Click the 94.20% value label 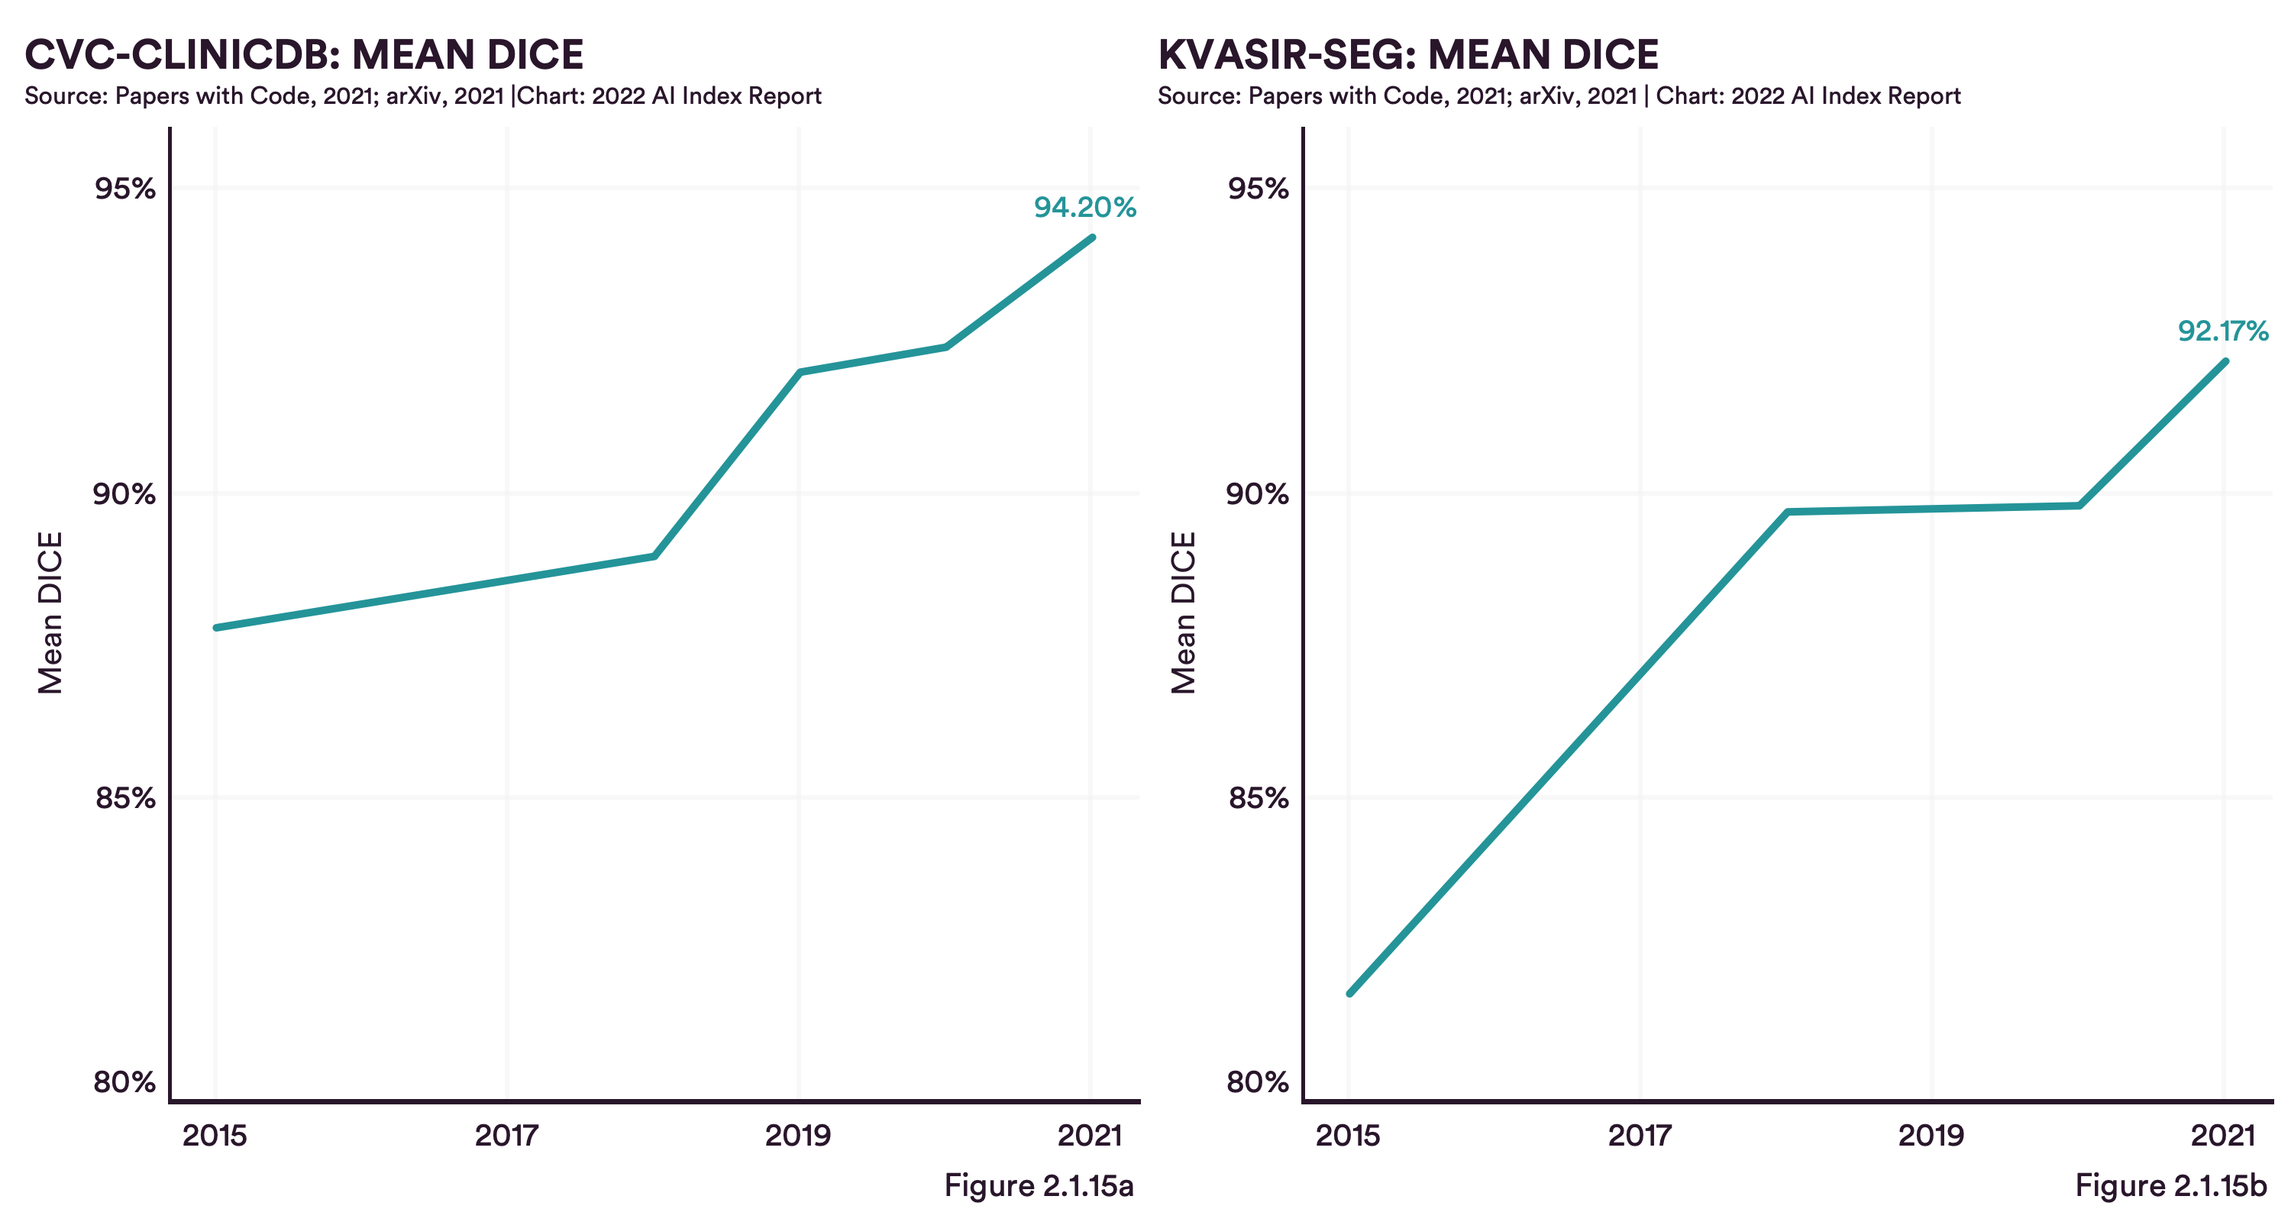pyautogui.click(x=1084, y=207)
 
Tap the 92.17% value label pyautogui.click(x=2222, y=331)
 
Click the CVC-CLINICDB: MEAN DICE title pyautogui.click(x=304, y=55)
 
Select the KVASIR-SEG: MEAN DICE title pyautogui.click(x=1408, y=55)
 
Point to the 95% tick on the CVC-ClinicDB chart pyautogui.click(x=124, y=189)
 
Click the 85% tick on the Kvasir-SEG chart pyautogui.click(x=1258, y=798)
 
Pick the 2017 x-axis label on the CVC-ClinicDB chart pyautogui.click(x=506, y=1136)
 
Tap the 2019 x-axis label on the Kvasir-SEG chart pyautogui.click(x=1931, y=1136)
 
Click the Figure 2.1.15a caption pyautogui.click(x=1038, y=1185)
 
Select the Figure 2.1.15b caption pyautogui.click(x=2170, y=1185)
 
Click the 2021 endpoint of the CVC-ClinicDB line pyautogui.click(x=1092, y=238)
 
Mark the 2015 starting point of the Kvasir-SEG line pyautogui.click(x=1350, y=994)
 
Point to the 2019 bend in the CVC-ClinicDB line pyautogui.click(x=800, y=372)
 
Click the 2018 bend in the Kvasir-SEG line pyautogui.click(x=1787, y=512)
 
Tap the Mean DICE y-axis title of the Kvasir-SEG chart pyautogui.click(x=1183, y=613)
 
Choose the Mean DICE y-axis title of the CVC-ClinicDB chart pyautogui.click(x=50, y=613)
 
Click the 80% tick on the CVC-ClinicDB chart pyautogui.click(x=124, y=1082)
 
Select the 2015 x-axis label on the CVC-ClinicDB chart pyautogui.click(x=215, y=1136)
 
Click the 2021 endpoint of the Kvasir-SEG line pyautogui.click(x=2225, y=361)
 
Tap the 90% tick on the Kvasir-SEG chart pyautogui.click(x=1258, y=493)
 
